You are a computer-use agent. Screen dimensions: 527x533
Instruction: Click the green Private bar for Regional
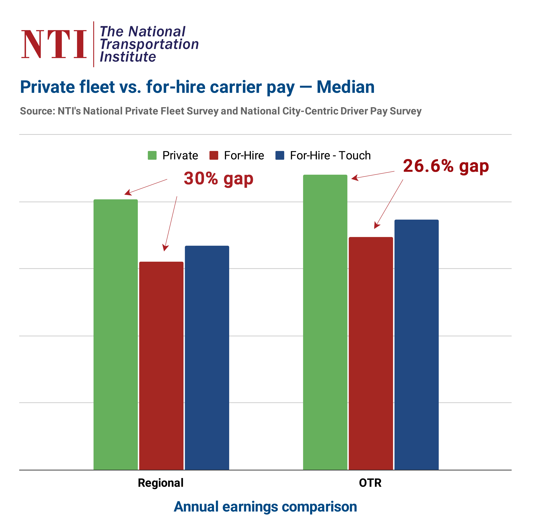(x=116, y=334)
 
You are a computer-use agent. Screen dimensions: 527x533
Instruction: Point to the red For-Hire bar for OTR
(x=371, y=353)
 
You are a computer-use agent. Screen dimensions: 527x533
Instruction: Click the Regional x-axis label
(x=161, y=483)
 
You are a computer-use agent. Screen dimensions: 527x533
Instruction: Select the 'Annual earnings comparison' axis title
(x=265, y=507)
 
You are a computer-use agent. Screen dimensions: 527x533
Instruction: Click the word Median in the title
(x=345, y=87)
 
